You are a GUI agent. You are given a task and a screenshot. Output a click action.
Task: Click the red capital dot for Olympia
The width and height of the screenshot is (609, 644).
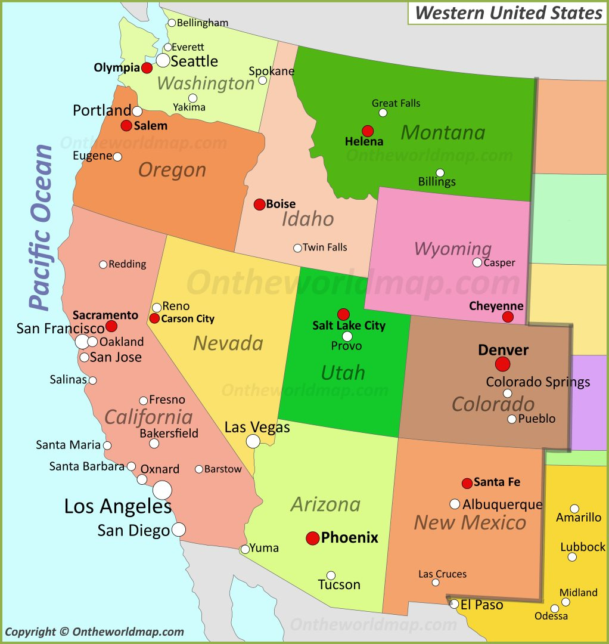(x=147, y=68)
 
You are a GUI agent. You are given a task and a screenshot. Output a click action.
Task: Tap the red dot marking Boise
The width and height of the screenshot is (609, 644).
(x=259, y=205)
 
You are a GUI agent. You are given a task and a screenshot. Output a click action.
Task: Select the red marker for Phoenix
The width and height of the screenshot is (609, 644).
(x=313, y=538)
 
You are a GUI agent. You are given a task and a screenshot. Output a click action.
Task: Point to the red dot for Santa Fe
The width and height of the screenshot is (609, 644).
(x=467, y=483)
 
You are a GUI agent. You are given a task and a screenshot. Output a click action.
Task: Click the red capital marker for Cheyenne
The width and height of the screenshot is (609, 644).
(x=508, y=317)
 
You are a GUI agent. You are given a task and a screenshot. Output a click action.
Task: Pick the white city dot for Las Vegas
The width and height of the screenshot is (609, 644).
(x=253, y=441)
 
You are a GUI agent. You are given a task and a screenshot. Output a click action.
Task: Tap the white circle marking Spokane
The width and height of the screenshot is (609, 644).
(x=262, y=80)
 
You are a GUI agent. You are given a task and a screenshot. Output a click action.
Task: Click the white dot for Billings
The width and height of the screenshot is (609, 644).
(x=440, y=173)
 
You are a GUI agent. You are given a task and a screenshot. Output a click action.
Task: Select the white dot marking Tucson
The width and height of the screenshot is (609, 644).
(x=331, y=575)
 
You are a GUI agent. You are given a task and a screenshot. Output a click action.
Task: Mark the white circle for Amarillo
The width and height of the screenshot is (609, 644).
(x=574, y=509)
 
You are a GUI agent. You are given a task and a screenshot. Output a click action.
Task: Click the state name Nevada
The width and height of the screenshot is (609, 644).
(x=228, y=343)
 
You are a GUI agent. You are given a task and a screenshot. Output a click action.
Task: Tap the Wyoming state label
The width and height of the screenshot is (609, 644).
(x=453, y=249)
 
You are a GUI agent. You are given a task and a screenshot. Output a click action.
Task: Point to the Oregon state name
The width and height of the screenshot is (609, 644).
(x=172, y=171)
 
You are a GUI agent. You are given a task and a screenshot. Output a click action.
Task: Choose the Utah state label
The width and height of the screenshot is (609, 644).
(x=343, y=373)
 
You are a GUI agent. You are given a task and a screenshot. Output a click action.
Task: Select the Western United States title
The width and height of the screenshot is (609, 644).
(x=508, y=13)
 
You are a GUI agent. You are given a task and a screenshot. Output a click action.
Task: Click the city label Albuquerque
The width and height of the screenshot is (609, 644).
(x=502, y=504)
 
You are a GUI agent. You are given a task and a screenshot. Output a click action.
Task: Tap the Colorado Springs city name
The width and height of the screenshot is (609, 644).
(x=538, y=382)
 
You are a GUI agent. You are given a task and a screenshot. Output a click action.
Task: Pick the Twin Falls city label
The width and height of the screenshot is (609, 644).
(x=325, y=247)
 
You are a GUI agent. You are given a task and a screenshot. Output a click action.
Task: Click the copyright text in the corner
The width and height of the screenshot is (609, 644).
(x=94, y=632)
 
